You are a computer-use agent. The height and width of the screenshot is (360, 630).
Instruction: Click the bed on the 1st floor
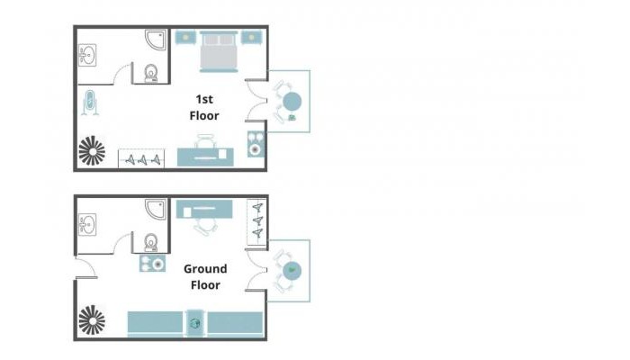click(x=219, y=51)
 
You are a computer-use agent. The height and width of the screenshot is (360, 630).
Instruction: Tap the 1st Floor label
click(x=204, y=107)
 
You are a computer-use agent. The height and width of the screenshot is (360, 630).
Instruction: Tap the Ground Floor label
click(x=205, y=277)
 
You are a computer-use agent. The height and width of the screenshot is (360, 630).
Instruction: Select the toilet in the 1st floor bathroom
click(x=151, y=74)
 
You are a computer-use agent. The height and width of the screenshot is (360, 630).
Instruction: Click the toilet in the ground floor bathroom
click(x=151, y=243)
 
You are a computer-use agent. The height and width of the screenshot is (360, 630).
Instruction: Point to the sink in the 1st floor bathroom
click(x=87, y=55)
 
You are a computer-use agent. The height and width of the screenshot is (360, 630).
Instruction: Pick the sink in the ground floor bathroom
click(x=87, y=225)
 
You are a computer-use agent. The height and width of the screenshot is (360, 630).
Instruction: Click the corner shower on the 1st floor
click(x=156, y=40)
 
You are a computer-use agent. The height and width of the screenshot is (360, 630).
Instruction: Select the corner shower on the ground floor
click(x=156, y=209)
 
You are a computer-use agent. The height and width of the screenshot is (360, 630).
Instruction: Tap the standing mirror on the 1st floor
click(x=90, y=102)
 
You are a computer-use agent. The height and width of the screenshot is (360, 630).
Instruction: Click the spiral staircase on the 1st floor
click(x=92, y=150)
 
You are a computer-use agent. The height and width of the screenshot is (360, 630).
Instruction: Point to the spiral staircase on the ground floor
click(x=92, y=320)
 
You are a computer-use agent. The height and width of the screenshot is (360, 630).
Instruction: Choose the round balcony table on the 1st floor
click(x=292, y=101)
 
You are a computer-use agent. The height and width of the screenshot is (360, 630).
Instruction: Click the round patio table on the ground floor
click(x=292, y=270)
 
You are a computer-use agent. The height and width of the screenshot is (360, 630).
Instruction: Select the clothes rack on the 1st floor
click(x=141, y=158)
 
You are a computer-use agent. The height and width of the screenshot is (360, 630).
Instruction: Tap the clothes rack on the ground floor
click(x=256, y=221)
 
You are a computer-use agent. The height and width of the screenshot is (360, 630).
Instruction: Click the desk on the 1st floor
click(x=205, y=157)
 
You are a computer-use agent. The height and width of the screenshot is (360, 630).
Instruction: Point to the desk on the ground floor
click(x=204, y=210)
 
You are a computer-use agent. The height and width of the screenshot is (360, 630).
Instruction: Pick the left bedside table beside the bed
click(x=185, y=38)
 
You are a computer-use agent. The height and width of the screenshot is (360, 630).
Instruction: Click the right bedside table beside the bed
click(x=252, y=38)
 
